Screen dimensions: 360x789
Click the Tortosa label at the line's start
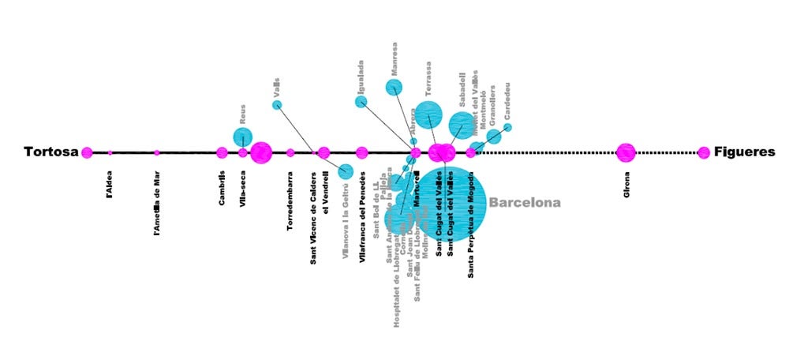(x=51, y=152)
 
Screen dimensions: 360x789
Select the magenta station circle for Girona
(x=626, y=152)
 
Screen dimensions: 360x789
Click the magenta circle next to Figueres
(x=703, y=152)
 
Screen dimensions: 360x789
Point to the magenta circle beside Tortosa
(x=87, y=152)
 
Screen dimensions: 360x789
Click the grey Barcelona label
(x=525, y=202)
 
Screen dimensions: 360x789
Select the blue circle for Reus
(x=243, y=137)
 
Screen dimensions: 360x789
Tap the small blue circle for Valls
(x=277, y=105)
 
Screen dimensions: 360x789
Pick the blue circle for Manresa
(x=394, y=87)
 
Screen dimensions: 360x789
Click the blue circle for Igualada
(x=361, y=101)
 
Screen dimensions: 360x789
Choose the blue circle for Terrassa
(x=429, y=114)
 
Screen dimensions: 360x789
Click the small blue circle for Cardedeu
(x=507, y=127)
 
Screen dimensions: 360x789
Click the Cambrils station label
(x=222, y=186)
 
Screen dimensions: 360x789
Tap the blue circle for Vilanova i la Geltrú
(x=346, y=171)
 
